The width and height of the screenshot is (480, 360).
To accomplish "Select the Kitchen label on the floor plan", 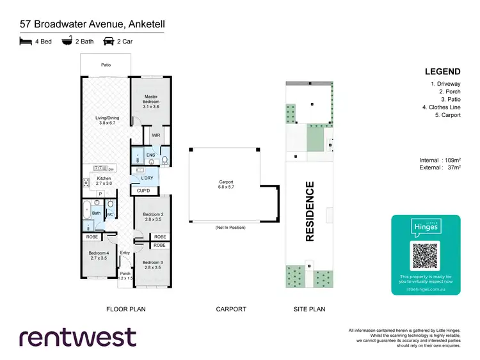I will tap(104, 181).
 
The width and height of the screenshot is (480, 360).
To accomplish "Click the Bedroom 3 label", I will tap(153, 265).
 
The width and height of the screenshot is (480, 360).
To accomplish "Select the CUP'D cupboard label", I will tap(143, 191).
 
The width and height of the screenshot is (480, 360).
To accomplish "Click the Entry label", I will tap(125, 253).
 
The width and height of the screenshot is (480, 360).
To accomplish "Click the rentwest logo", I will tap(77, 337).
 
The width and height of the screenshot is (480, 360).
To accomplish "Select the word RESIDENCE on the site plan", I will tap(310, 212).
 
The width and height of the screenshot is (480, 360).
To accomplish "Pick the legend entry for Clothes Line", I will tap(441, 107).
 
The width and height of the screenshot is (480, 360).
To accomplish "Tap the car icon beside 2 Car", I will tap(109, 42).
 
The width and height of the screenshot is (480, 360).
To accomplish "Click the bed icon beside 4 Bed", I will tap(26, 42).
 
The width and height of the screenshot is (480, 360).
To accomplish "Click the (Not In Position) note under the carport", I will tap(230, 227).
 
